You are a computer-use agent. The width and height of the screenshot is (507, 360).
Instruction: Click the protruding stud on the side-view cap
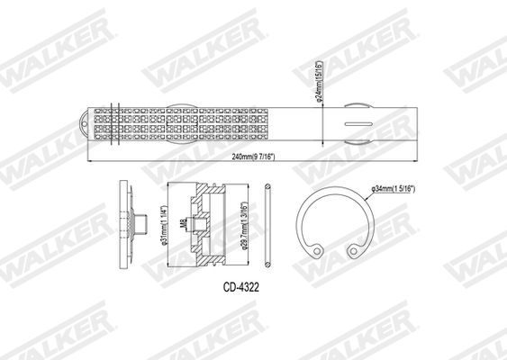140,222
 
